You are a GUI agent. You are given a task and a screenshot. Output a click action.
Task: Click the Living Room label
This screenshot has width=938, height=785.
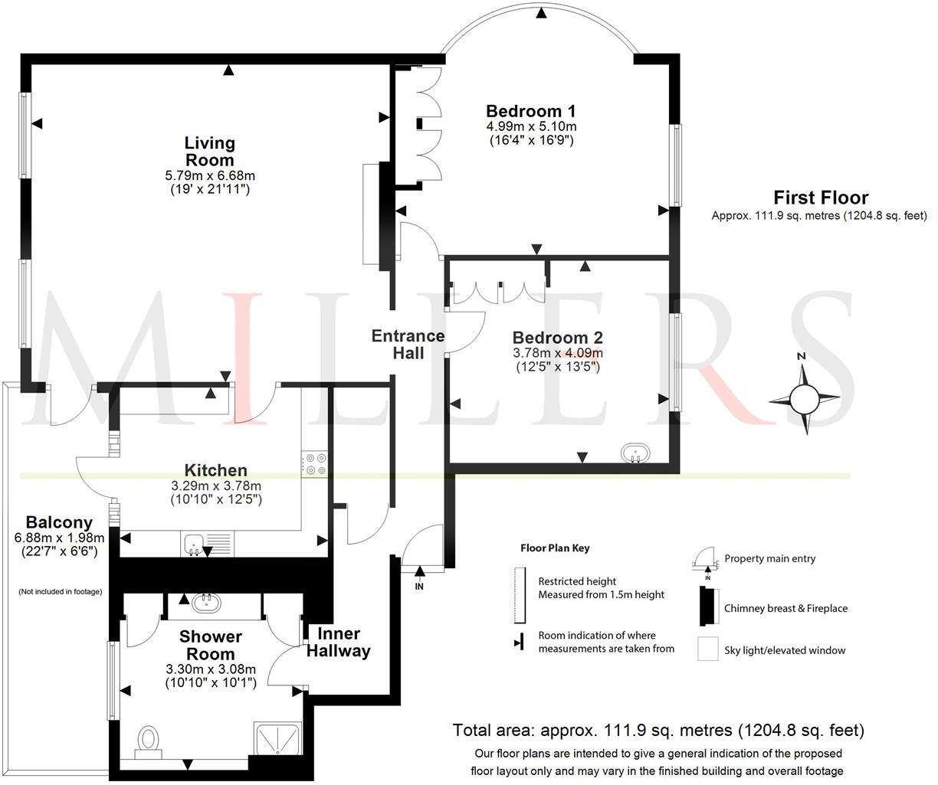tap(209, 152)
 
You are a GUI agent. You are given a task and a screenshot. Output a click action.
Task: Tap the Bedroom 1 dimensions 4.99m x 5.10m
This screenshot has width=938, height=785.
tap(531, 126)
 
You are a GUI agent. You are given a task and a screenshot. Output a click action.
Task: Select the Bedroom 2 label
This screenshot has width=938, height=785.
tap(557, 338)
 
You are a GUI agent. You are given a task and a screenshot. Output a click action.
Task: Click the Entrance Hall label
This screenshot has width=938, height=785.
tap(408, 345)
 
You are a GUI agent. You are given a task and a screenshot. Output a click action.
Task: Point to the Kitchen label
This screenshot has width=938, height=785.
tap(215, 470)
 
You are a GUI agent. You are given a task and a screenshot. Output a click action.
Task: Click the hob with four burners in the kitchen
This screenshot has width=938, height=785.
tap(315, 465)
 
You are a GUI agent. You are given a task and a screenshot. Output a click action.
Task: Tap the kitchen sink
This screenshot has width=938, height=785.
tap(195, 545)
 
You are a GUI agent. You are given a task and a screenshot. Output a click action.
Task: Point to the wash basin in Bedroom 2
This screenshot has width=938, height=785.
tap(635, 453)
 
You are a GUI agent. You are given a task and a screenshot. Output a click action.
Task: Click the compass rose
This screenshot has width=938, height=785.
tap(804, 397)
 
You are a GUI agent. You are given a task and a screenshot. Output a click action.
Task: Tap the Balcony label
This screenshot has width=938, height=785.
tap(59, 522)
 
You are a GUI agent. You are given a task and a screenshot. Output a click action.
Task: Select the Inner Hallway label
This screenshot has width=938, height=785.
tap(338, 643)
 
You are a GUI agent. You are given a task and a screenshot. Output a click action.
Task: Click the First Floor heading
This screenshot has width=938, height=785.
tap(820, 198)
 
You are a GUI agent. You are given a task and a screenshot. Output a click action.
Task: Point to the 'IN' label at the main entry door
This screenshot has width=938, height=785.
tap(419, 587)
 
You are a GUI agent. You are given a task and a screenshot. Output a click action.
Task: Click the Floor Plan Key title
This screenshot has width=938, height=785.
tap(555, 548)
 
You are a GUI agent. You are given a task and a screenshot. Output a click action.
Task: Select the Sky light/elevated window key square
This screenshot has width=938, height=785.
tap(707, 649)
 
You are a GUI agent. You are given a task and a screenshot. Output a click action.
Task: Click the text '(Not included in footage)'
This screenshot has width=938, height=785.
tap(60, 591)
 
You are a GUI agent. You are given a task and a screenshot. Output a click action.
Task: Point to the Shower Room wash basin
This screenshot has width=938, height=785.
tap(206, 603)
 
